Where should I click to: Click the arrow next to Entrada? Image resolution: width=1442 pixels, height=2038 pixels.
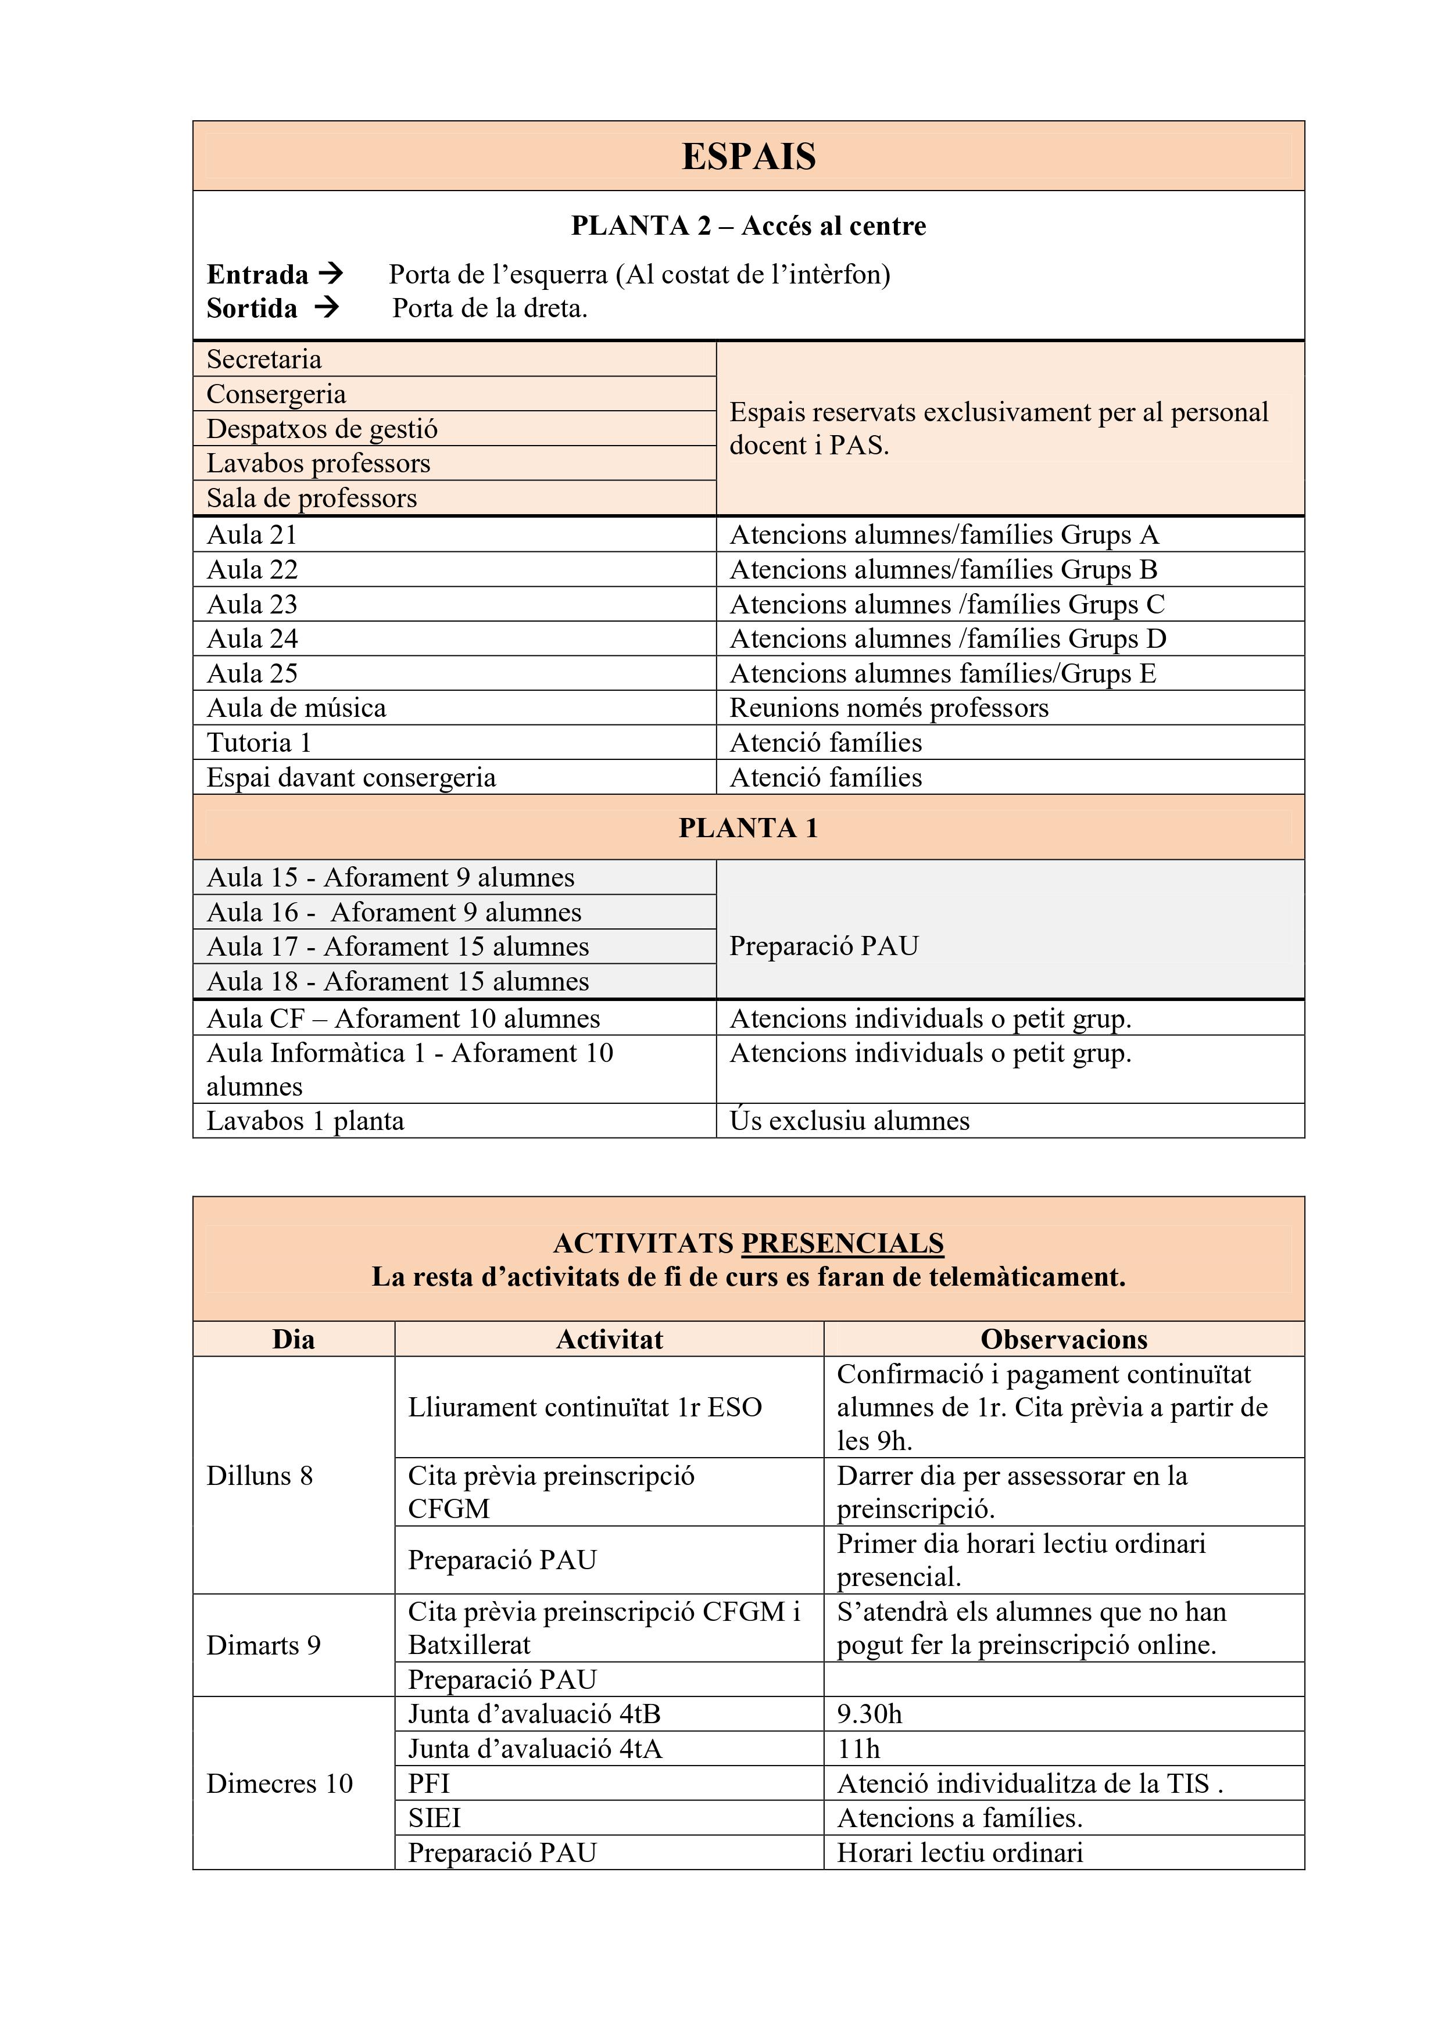tap(330, 274)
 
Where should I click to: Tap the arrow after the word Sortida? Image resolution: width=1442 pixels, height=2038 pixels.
tap(327, 308)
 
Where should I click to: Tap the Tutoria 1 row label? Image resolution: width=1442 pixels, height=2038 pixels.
tap(259, 743)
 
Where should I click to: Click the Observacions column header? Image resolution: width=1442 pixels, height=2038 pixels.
tap(1063, 1340)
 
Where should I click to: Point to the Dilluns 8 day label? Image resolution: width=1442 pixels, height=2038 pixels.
tap(260, 1476)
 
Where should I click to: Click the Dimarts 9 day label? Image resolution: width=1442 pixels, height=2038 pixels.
tap(264, 1646)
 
